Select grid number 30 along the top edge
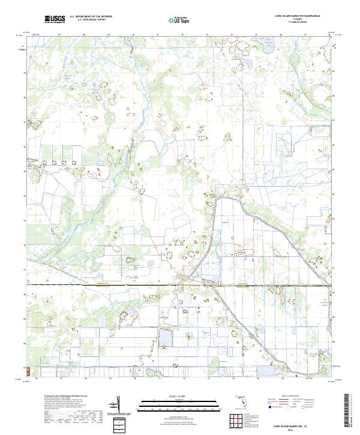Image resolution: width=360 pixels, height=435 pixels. click(x=133, y=34)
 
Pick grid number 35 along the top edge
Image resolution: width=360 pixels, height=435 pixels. click(x=256, y=34)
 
